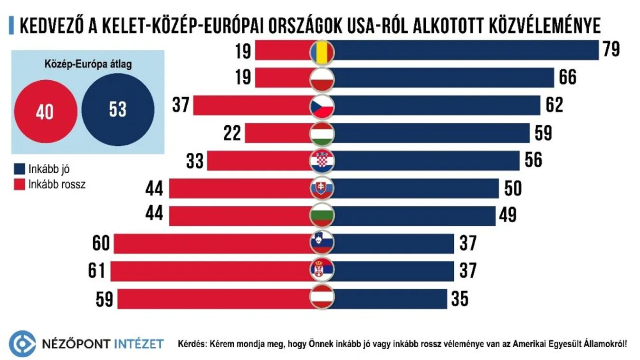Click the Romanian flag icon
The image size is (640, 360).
point(322,51)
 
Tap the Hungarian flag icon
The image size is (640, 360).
point(322,133)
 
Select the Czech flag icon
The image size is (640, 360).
point(322,106)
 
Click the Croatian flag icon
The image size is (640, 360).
point(322,161)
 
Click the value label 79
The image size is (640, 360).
point(611,50)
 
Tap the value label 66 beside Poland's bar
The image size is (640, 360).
point(567,77)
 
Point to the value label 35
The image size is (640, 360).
point(459,299)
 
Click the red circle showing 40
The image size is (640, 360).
point(45,111)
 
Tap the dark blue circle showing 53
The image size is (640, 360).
point(117,110)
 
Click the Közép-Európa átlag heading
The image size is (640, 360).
point(88,65)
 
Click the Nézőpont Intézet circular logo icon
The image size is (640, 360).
point(22,343)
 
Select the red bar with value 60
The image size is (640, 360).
point(214,244)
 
